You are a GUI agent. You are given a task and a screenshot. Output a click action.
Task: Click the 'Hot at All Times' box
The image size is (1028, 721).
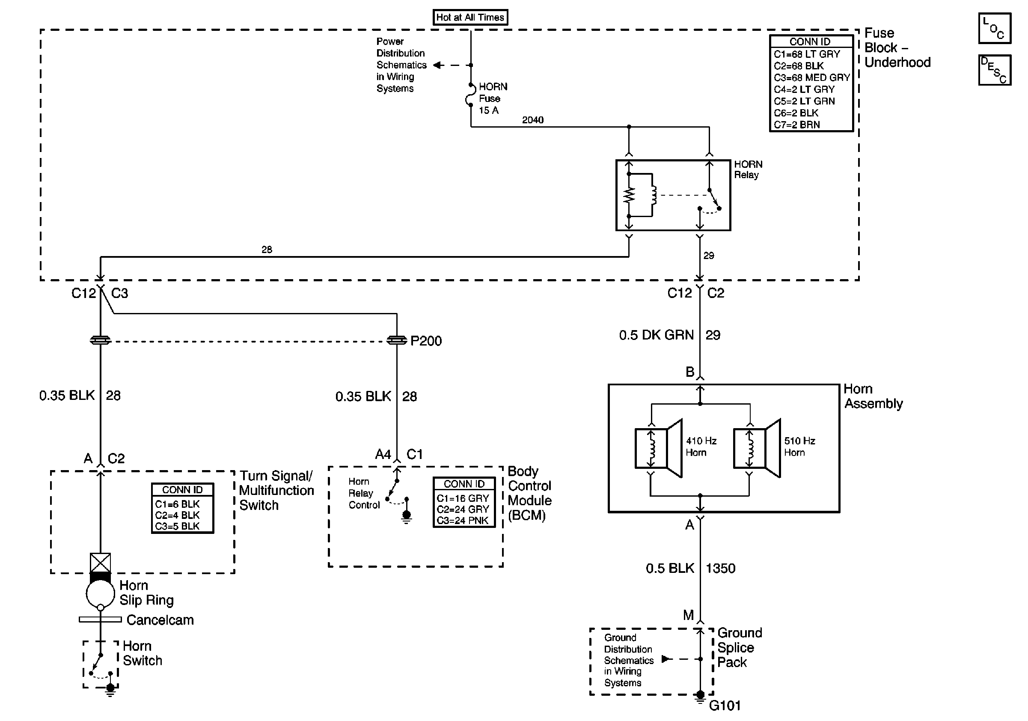[469, 18]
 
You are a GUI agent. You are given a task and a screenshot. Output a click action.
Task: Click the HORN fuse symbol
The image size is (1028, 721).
[470, 95]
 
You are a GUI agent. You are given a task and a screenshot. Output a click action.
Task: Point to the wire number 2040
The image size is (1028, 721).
[532, 120]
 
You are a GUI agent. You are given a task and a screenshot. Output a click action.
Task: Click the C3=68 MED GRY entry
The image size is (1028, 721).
[811, 77]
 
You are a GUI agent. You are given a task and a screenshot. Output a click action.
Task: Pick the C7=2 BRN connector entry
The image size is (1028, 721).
[797, 125]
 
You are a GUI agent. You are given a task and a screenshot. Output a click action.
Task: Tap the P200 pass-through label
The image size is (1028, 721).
[426, 341]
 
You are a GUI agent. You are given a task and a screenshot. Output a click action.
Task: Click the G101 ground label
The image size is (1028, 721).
[725, 706]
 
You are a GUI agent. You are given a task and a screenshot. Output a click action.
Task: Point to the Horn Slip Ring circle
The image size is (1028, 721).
[100, 593]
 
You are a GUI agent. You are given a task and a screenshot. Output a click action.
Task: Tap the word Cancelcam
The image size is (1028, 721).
[160, 620]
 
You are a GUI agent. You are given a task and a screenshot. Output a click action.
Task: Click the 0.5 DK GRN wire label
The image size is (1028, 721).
[656, 335]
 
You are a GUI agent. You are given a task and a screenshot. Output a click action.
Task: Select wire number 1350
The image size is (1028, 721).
[720, 568]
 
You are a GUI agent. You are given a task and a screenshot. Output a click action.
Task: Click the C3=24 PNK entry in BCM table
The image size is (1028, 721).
[463, 521]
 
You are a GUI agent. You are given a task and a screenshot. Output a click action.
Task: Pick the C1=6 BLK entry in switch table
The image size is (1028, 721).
[177, 504]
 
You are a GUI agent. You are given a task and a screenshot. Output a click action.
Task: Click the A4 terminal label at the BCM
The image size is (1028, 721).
[383, 455]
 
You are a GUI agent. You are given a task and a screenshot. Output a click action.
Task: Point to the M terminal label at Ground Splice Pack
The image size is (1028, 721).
[688, 615]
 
